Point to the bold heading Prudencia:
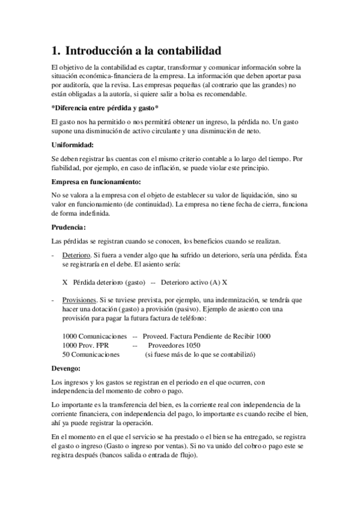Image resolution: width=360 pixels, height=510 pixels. pyautogui.click(x=69, y=227)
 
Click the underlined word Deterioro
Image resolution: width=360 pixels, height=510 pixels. pyautogui.click(x=76, y=256)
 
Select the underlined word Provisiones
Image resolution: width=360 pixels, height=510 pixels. pyautogui.click(x=79, y=300)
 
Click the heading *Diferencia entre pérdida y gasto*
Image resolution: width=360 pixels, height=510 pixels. pyautogui.click(x=105, y=108)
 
